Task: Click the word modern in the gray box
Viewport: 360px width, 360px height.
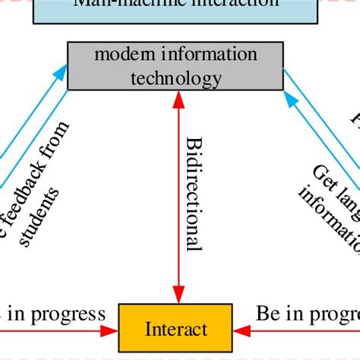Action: pyautogui.click(x=122, y=55)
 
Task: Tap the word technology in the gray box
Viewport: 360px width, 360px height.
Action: pyautogui.click(x=176, y=77)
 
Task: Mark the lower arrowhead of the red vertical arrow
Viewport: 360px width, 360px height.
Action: pyautogui.click(x=178, y=295)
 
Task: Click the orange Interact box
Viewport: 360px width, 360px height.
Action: pyautogui.click(x=176, y=329)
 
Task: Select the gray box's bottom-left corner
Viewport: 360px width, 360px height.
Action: pyautogui.click(x=69, y=89)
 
